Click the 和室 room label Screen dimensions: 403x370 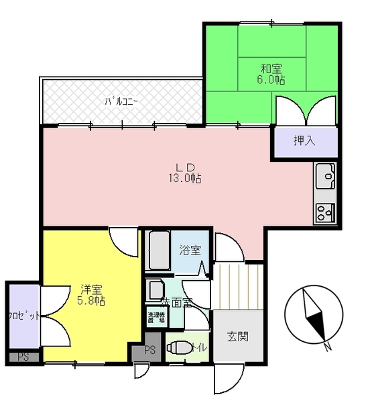[x=271, y=68]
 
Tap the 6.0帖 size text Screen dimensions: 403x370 [x=271, y=80]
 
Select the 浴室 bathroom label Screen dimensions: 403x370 [x=190, y=250]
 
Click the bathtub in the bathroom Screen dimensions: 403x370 [x=160, y=251]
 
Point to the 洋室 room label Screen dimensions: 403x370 [x=91, y=290]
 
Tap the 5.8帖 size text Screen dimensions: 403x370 [x=91, y=302]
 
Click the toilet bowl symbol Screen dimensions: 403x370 [x=178, y=348]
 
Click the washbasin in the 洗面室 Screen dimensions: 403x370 [x=156, y=291]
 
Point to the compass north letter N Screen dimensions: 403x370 [x=328, y=347]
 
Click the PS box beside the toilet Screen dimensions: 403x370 [x=149, y=350]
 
